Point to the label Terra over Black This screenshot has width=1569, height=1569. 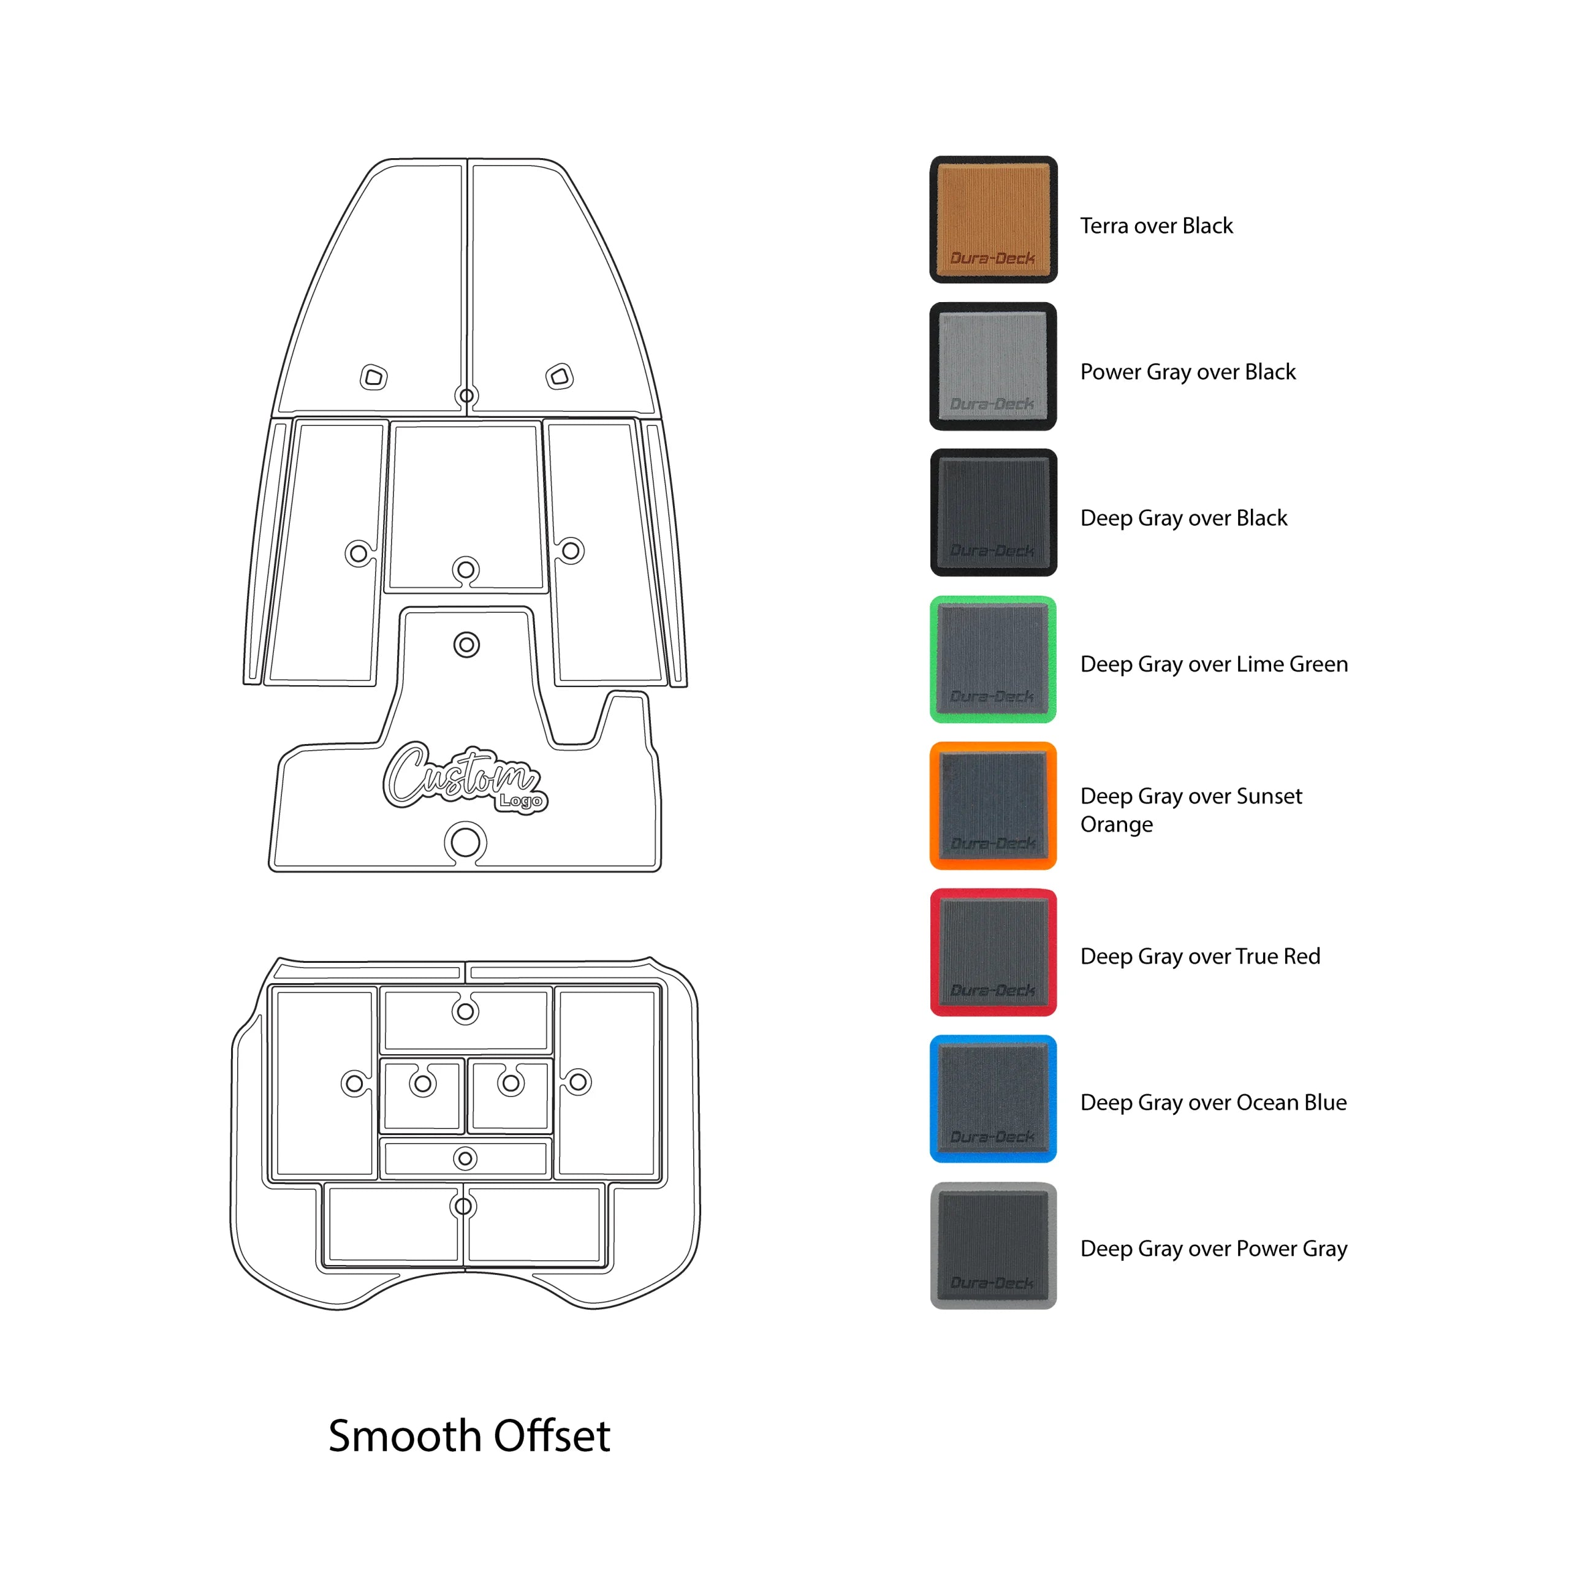[1156, 226]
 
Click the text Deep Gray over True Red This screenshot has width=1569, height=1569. [1199, 957]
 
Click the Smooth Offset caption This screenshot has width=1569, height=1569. [469, 1436]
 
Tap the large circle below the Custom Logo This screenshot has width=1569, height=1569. [465, 842]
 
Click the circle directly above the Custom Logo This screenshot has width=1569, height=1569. [466, 645]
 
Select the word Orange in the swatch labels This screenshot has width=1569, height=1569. [1116, 825]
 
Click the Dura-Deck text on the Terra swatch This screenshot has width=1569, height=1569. [992, 258]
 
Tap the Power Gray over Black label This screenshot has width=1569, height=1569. [1187, 372]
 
